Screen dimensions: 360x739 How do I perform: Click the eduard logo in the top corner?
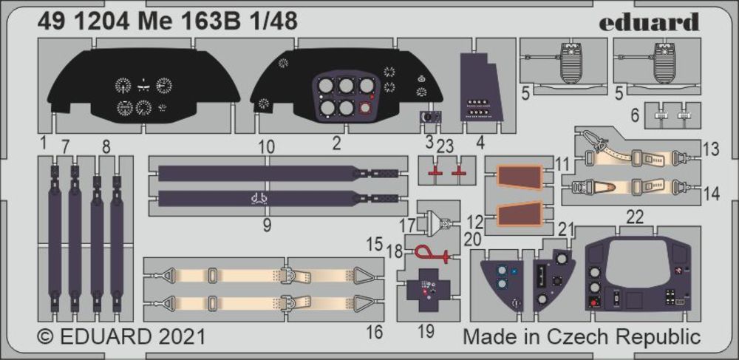point(649,21)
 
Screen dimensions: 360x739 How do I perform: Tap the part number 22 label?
point(634,216)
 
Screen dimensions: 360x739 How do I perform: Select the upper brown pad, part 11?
point(519,178)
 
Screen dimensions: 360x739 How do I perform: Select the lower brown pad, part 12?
point(519,214)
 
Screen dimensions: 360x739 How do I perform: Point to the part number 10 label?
point(268,146)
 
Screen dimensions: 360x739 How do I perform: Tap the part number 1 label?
point(43,140)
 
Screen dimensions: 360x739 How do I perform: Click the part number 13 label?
point(711,150)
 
